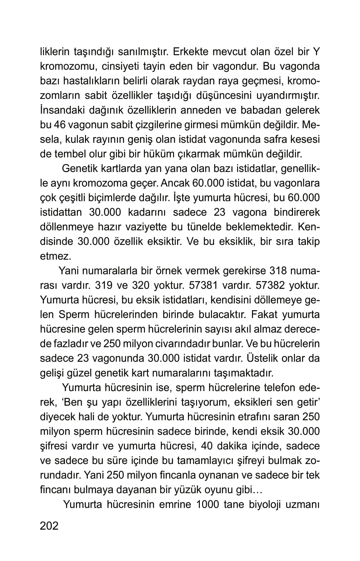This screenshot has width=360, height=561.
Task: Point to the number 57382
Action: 269,286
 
